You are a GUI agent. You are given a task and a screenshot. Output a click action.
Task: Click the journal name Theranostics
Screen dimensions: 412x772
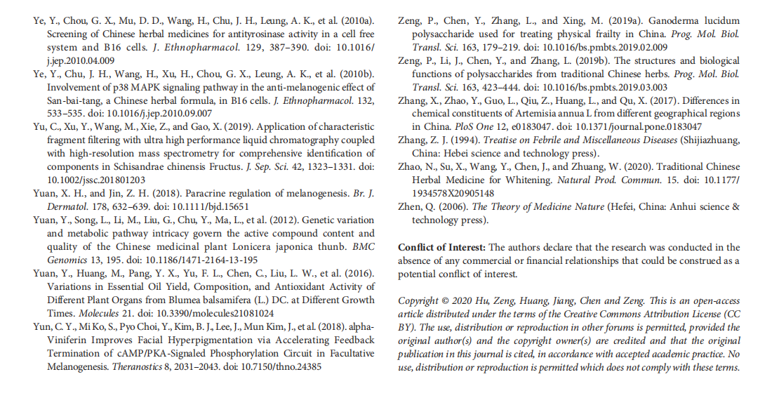pos(134,366)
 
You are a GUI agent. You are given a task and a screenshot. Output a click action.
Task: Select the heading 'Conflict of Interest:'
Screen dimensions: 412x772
pos(441,248)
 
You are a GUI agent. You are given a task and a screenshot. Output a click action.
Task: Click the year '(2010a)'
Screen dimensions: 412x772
pos(353,20)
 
